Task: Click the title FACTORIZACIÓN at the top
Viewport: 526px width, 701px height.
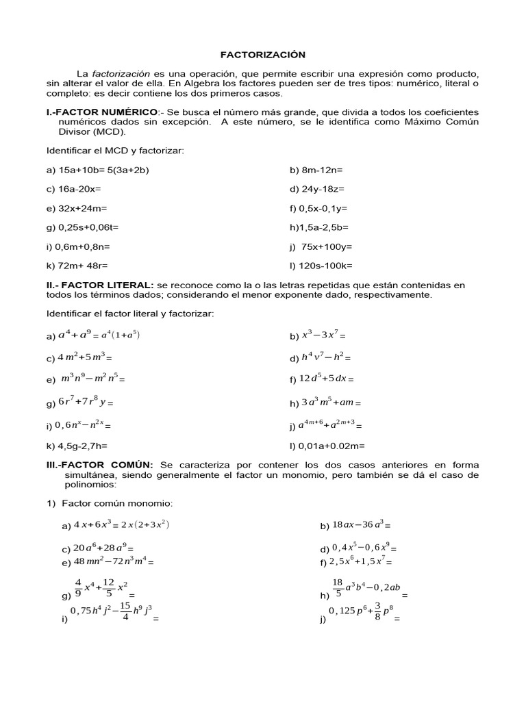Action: coord(262,54)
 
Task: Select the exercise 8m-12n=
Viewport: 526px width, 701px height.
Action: coord(316,170)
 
